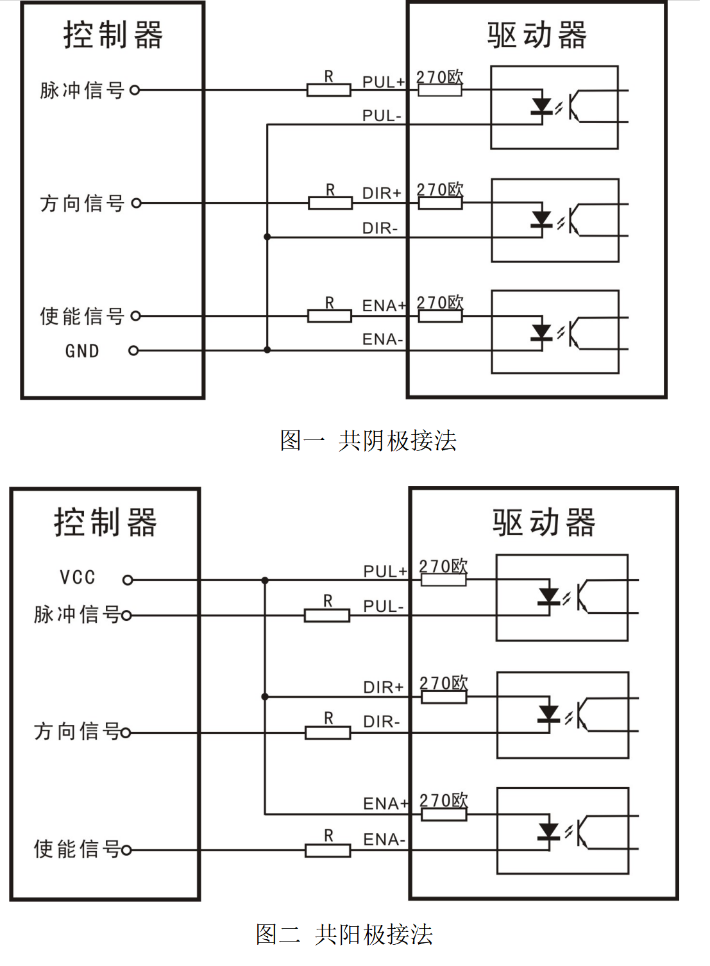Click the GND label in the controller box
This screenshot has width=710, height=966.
point(82,351)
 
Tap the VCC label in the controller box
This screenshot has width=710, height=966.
point(78,577)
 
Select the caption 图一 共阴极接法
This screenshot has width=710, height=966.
point(368,441)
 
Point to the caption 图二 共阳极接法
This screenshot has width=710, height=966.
point(344,934)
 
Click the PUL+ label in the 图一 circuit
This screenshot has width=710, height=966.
point(384,82)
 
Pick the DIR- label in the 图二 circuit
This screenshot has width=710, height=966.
point(382,722)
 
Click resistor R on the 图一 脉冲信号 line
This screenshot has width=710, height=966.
point(328,90)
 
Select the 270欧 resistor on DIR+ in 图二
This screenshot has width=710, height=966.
point(444,697)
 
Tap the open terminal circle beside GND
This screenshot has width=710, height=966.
point(133,350)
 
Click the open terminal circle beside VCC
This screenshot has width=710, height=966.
point(128,580)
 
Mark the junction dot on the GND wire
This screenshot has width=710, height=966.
point(267,350)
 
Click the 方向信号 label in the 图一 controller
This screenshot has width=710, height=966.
point(82,203)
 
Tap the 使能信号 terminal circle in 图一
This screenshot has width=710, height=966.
point(135,316)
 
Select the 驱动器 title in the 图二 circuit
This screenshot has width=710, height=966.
point(544,522)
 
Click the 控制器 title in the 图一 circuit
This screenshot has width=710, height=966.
point(113,35)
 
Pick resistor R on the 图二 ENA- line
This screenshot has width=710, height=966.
point(328,851)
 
